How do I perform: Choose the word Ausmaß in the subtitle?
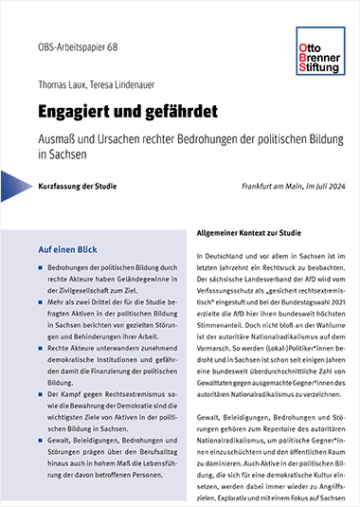click(59, 136)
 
